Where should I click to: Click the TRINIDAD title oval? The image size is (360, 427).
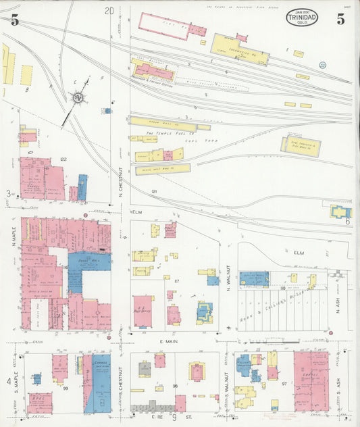point(301,17)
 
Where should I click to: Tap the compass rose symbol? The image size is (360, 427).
point(78,99)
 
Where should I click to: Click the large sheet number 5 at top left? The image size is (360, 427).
point(14,20)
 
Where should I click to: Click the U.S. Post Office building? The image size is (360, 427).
point(143,311)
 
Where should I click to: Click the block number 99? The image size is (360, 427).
point(66,388)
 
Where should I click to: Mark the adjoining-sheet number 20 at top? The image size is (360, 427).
point(109,10)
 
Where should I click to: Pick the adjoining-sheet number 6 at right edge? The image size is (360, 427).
point(348,221)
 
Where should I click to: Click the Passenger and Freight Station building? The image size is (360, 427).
point(153,72)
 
